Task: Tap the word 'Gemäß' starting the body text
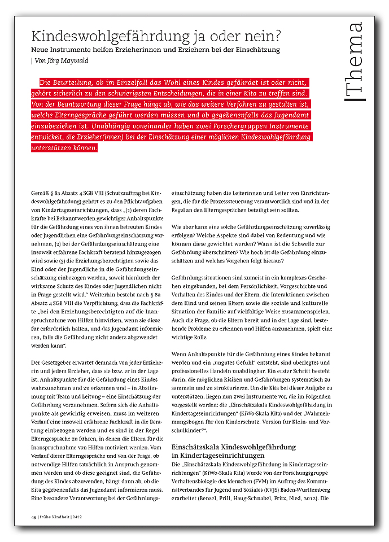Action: (x=40, y=194)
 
